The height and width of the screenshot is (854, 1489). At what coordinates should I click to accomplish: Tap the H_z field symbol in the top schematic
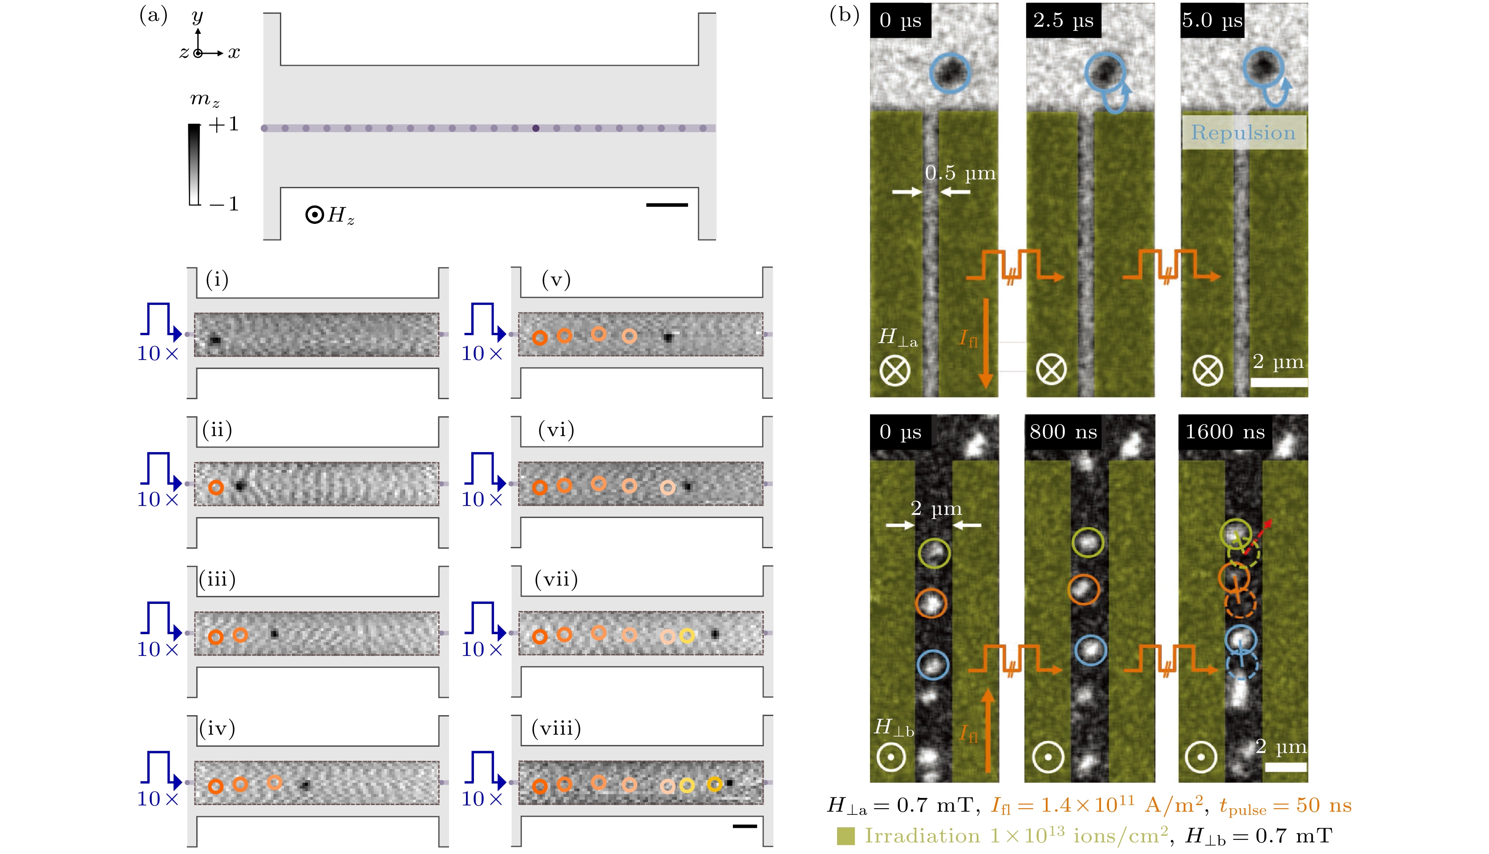330,215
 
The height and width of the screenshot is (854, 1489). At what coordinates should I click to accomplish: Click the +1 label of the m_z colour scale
223,124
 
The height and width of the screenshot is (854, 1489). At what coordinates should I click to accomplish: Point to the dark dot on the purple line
535,128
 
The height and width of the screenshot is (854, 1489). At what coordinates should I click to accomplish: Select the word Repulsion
1243,133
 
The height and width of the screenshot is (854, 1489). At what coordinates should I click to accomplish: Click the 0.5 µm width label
960,173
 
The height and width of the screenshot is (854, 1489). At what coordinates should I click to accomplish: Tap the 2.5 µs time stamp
1063,20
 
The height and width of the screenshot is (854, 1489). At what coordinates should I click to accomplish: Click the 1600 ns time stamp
1225,432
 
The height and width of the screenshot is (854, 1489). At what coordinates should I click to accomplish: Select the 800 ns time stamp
1063,432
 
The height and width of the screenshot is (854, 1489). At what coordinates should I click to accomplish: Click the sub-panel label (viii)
556,729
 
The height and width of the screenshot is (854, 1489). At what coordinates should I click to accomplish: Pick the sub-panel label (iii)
217,579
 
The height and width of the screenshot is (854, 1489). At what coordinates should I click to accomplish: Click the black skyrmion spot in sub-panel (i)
215,340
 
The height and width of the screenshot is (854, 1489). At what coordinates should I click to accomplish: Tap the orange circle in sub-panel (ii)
216,487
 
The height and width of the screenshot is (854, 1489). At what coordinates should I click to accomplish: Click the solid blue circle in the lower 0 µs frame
932,664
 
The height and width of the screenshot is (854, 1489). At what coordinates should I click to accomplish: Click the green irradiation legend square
846,836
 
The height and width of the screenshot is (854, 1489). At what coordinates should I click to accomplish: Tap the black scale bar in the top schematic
667,205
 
